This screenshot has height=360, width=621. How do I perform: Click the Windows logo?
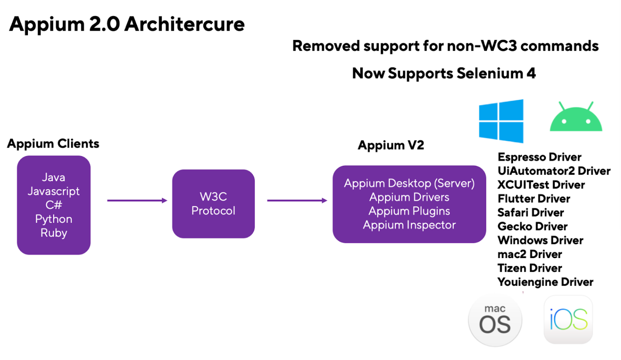(501, 121)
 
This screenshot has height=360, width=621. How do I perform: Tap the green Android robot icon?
(576, 116)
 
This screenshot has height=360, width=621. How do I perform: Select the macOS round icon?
(495, 321)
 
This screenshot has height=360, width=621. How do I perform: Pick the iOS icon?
(568, 320)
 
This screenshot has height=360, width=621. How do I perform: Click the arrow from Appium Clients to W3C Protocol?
(137, 201)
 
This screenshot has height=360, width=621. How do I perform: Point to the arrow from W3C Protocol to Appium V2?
(297, 201)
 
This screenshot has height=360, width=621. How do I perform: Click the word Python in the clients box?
(54, 219)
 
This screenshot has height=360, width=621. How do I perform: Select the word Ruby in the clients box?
(54, 233)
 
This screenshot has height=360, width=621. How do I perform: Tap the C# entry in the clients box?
(54, 205)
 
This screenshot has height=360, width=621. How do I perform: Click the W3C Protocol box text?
(213, 203)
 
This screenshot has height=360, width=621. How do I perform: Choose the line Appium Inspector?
(409, 225)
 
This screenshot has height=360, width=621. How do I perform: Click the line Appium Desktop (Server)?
(409, 183)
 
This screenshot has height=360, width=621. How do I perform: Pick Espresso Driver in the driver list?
(539, 157)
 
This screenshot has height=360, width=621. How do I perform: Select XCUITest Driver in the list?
(541, 185)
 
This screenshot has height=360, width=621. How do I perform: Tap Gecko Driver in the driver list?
(532, 227)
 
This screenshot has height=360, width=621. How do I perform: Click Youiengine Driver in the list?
(545, 282)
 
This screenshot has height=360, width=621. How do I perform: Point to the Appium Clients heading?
(53, 144)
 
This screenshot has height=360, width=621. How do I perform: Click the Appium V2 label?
(391, 145)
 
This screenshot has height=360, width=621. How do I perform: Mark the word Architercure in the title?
(184, 24)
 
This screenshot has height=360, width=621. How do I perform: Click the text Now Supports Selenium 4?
(444, 74)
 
